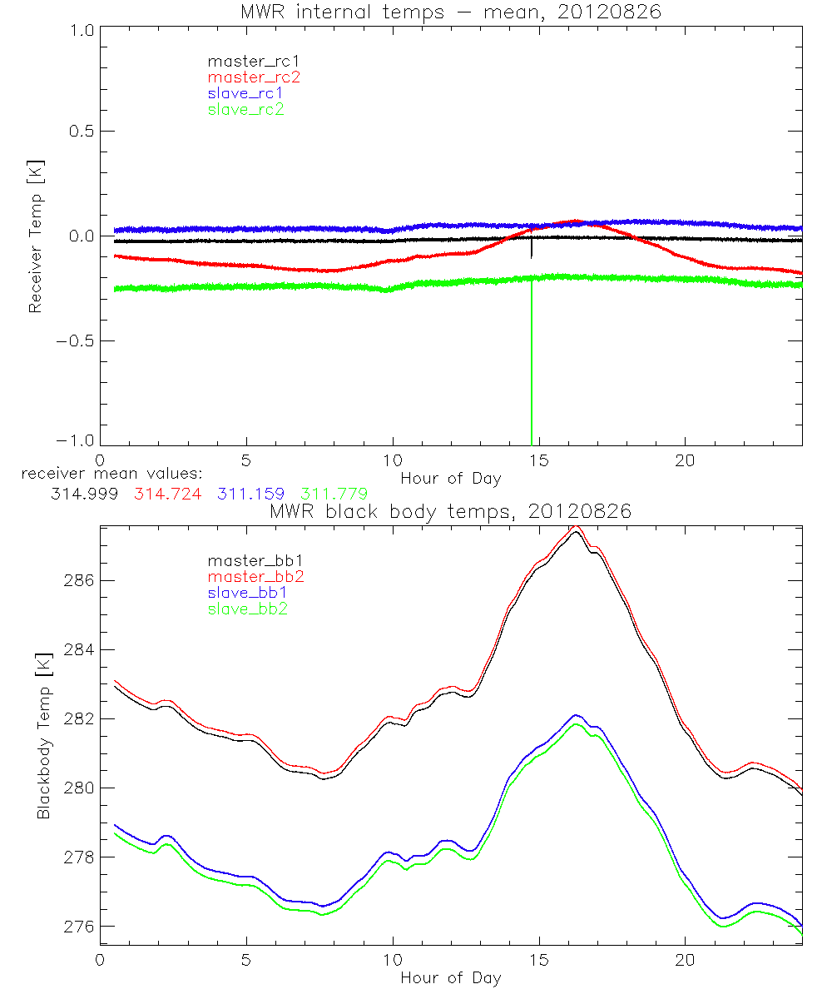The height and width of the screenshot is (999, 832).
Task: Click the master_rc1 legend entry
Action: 246,62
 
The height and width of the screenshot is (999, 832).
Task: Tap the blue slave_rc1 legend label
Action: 246,93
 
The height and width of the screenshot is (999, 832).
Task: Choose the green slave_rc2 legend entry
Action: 246,109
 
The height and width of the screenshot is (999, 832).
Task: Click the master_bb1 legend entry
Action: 246,562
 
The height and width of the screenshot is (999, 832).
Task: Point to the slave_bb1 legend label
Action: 246,594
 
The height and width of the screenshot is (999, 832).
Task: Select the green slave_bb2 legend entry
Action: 246,609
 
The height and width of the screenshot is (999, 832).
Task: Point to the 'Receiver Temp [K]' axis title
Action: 35,236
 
